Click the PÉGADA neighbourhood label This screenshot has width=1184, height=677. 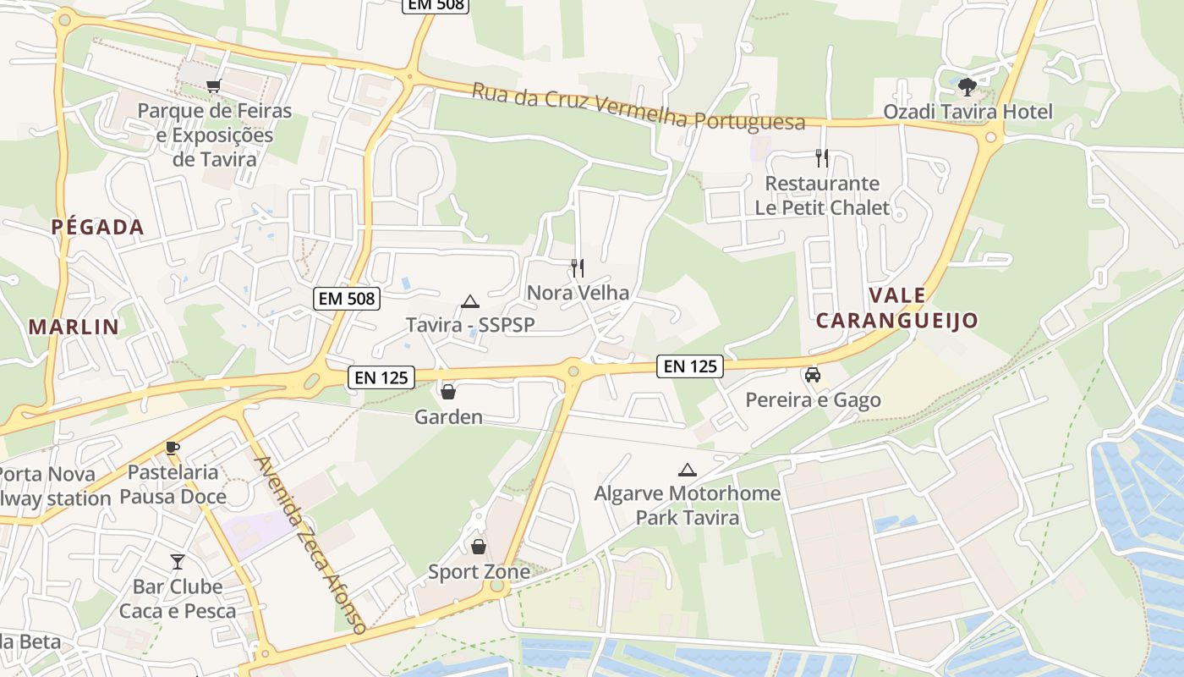point(97,227)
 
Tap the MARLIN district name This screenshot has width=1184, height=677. point(74,327)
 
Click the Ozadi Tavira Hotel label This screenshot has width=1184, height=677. point(967,112)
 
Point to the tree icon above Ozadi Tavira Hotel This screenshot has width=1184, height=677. point(967,85)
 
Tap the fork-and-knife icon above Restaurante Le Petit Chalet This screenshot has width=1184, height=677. point(821,157)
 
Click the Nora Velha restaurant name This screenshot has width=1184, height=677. point(578,293)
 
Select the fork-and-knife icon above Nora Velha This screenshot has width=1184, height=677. point(578,268)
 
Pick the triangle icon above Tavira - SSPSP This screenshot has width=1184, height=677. point(469,301)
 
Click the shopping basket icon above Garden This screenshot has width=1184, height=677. point(448,392)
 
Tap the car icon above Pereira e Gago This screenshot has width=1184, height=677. point(813,375)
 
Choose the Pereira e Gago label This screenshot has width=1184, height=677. point(813,399)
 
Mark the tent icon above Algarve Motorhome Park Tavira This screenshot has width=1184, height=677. point(688,470)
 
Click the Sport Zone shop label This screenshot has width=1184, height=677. point(479,572)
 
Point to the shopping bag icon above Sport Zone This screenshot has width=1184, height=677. point(479,547)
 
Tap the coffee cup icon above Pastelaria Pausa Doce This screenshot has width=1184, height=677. point(173,448)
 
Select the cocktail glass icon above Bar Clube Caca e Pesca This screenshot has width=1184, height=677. point(177,561)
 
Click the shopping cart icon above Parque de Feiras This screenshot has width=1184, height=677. point(214,85)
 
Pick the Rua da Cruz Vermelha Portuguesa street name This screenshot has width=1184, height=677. point(639,107)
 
